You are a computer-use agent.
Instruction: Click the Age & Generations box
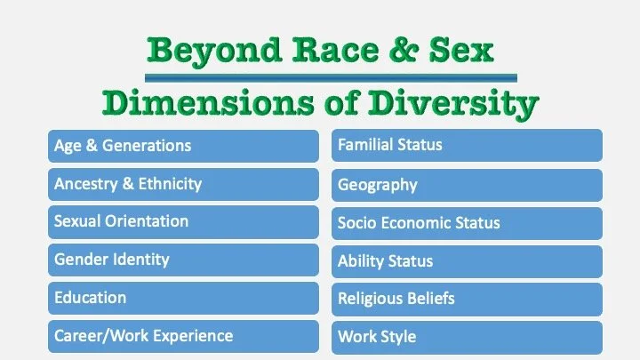tap(183, 146)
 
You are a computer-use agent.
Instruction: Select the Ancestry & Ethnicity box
tap(183, 184)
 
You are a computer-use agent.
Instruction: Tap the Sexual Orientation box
tap(183, 221)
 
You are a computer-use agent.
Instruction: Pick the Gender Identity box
tap(183, 260)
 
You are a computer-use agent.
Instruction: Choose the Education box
tap(183, 298)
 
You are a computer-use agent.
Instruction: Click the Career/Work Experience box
tap(183, 336)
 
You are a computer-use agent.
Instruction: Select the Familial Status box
tap(467, 145)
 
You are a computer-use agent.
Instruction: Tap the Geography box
tap(467, 185)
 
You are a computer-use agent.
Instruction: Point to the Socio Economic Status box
tap(467, 223)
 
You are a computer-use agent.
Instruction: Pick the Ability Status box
tap(467, 261)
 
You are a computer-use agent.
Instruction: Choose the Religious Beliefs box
tap(467, 299)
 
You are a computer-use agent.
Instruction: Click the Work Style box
tap(467, 338)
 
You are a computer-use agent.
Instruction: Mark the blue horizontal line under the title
tap(320, 77)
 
